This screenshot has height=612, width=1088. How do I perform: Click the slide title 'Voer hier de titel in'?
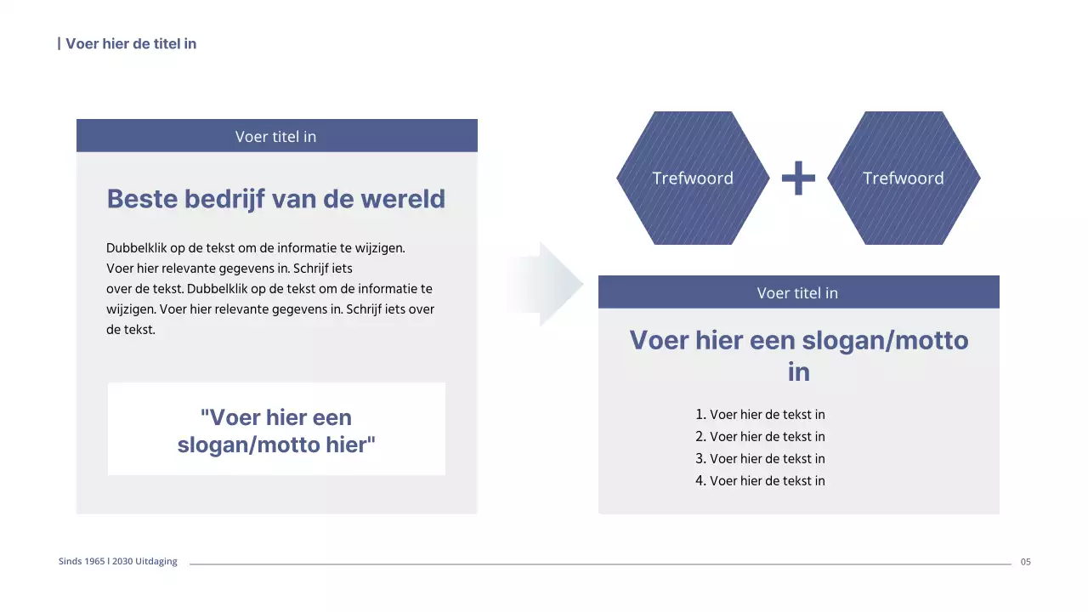coord(130,43)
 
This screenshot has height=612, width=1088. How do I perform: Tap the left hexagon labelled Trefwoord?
coord(692,178)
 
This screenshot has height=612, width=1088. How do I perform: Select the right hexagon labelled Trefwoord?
coord(903,178)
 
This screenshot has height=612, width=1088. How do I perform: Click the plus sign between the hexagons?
coord(798,178)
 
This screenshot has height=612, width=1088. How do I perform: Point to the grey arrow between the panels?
coord(548,284)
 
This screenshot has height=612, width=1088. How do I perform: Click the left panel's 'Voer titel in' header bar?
coord(276,136)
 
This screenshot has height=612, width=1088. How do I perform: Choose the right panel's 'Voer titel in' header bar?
coord(798,292)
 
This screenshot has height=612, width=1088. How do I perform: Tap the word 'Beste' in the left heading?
coord(142,199)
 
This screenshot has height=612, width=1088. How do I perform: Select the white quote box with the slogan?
coord(276,429)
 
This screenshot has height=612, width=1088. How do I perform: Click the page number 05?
coord(1025,562)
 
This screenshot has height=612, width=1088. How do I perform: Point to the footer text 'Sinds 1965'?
coord(82,562)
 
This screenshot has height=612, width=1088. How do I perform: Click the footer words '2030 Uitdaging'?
coord(144,562)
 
